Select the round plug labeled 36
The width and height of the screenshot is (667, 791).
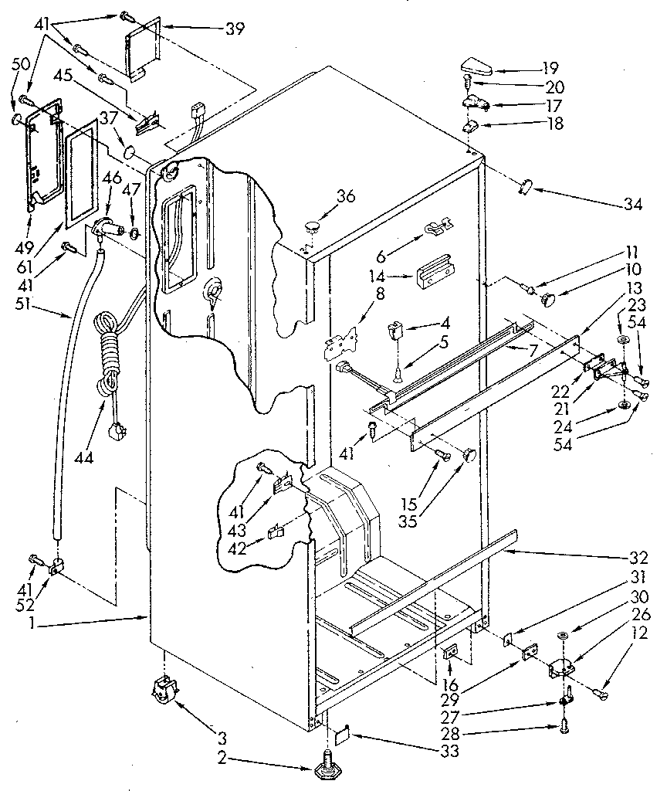313,226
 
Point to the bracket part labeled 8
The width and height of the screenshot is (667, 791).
342,342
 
